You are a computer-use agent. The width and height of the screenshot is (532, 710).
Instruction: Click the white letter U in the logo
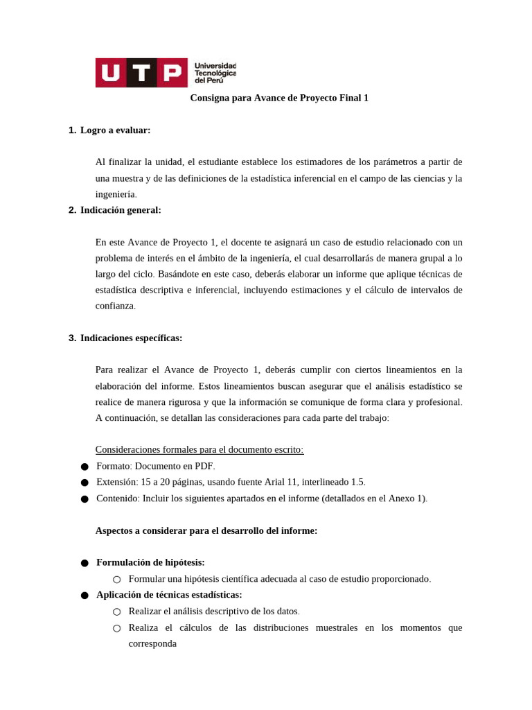click(x=111, y=73)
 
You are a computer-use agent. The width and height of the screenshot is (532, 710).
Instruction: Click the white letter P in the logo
click(x=172, y=73)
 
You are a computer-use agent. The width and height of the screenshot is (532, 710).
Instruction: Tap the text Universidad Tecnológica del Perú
click(x=215, y=73)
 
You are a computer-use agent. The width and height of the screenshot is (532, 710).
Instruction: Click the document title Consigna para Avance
click(x=279, y=98)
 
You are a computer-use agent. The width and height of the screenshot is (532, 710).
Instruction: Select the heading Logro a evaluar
click(x=115, y=130)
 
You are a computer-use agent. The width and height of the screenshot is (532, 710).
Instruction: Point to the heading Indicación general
click(x=121, y=210)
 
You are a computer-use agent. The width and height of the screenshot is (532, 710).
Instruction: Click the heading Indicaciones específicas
click(x=131, y=338)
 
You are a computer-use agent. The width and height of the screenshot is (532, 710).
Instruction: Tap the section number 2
click(x=72, y=210)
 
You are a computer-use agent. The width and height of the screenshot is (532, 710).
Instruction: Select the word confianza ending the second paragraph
click(x=114, y=306)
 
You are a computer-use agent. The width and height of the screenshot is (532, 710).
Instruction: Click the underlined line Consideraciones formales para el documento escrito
click(x=199, y=450)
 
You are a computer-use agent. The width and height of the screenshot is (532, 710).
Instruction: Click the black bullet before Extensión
click(x=85, y=483)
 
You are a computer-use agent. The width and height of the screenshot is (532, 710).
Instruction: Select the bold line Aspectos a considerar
click(x=206, y=530)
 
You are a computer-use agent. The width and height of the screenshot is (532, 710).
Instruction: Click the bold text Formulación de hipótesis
click(x=150, y=562)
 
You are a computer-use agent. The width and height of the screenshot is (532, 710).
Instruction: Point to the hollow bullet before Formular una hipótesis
click(x=116, y=579)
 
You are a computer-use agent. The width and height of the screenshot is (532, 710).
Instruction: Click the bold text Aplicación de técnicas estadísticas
click(x=169, y=595)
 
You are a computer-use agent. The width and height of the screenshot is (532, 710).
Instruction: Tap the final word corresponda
click(x=152, y=643)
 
